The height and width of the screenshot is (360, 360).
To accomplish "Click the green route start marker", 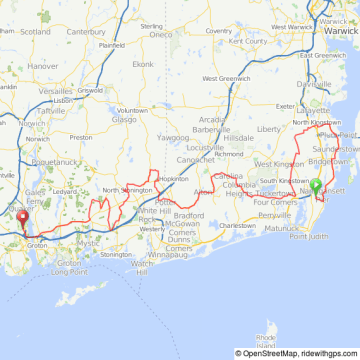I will click(316, 185).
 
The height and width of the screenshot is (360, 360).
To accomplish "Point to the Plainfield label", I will click(111, 45).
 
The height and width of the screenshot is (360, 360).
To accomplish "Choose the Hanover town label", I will click(43, 65).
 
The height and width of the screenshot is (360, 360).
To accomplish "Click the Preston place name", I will click(81, 137).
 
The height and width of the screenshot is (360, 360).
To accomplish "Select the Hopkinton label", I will click(173, 179).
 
